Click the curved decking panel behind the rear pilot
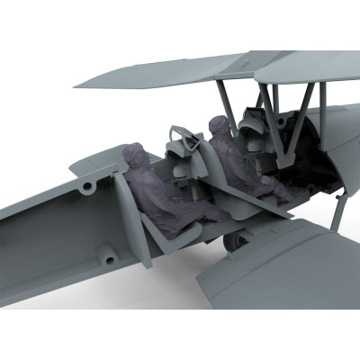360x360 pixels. coord(99,166)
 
